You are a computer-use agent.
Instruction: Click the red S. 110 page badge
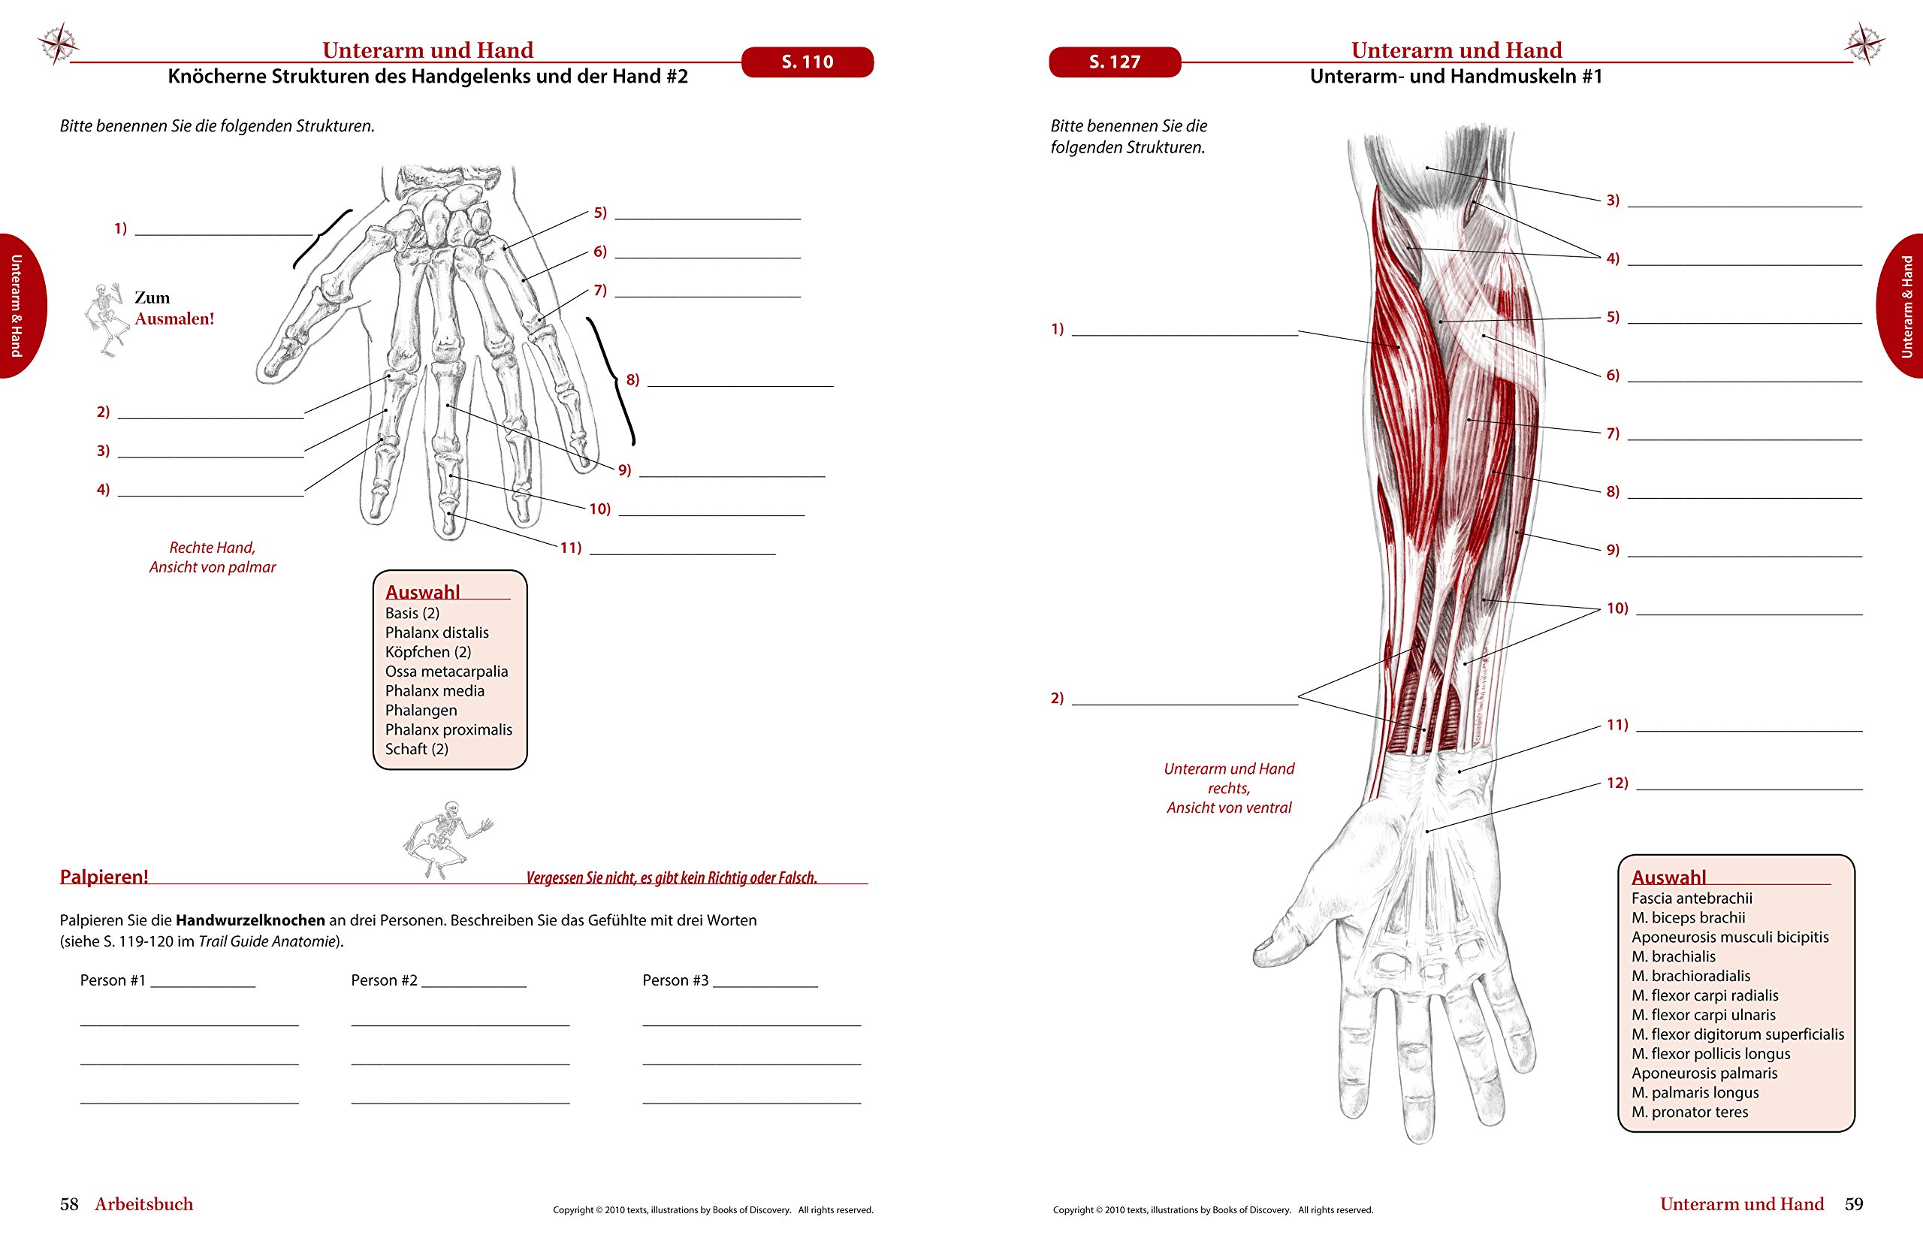(x=808, y=62)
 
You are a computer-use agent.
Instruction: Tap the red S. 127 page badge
(x=1114, y=62)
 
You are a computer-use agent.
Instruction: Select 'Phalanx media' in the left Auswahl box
(x=435, y=690)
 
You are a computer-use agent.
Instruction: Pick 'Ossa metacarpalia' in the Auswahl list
(x=447, y=672)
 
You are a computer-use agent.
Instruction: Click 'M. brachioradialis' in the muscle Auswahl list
(x=1691, y=976)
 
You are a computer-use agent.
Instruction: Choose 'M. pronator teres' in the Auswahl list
(x=1689, y=1112)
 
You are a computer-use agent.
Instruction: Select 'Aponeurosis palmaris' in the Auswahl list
(x=1705, y=1073)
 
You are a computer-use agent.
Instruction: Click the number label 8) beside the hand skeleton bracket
(x=632, y=379)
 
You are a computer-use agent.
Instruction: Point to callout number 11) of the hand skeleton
(x=571, y=548)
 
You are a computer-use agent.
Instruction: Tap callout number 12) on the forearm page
(x=1617, y=783)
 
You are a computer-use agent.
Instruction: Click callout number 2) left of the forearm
(x=1057, y=698)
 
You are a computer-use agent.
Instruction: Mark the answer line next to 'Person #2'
(x=473, y=986)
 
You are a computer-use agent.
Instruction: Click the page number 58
(x=70, y=1203)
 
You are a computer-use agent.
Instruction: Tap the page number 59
(x=1853, y=1203)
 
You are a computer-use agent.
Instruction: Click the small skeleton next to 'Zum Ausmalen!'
(x=107, y=319)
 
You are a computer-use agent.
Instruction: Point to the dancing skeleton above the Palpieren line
(x=447, y=839)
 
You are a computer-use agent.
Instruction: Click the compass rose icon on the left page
(x=57, y=43)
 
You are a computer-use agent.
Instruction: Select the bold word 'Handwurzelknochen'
(x=250, y=920)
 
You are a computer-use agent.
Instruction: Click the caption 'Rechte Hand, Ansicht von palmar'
(x=213, y=557)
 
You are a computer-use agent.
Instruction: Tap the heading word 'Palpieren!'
(x=104, y=877)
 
